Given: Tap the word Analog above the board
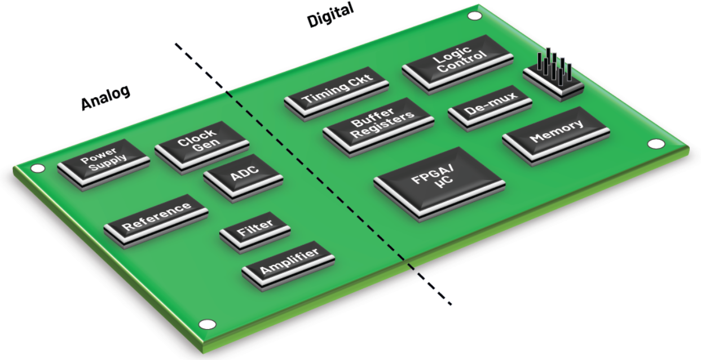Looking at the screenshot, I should (x=105, y=97).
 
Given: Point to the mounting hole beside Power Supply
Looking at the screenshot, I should (x=37, y=168).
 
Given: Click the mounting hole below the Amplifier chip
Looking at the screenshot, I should (x=208, y=324).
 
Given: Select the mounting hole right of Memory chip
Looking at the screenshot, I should (x=655, y=144).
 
